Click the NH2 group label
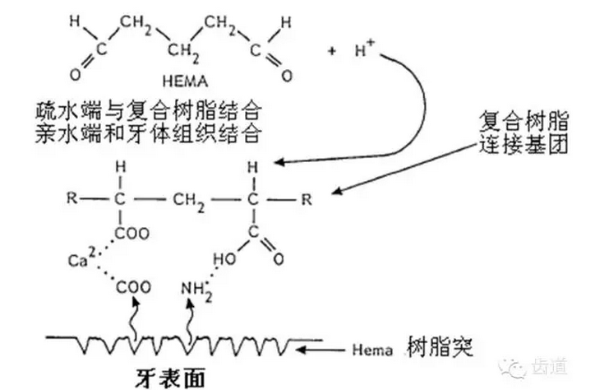193,287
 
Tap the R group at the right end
307,198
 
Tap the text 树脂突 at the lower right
433,346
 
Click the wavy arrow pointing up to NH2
191,317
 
